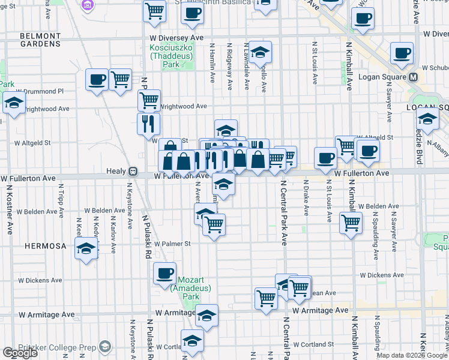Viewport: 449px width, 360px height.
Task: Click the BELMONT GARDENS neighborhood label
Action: click(x=40, y=40)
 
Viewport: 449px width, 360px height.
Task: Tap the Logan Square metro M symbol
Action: click(x=414, y=78)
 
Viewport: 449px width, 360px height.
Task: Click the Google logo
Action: click(x=20, y=353)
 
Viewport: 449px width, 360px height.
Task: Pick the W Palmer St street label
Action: click(x=172, y=244)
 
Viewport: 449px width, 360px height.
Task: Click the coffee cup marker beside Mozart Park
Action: click(x=164, y=272)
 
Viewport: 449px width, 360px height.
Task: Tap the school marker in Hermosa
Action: click(x=86, y=248)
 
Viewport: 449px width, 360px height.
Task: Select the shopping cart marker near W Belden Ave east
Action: click(x=351, y=223)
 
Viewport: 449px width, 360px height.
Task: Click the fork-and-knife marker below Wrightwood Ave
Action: click(x=148, y=124)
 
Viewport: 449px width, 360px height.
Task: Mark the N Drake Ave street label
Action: click(x=306, y=198)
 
